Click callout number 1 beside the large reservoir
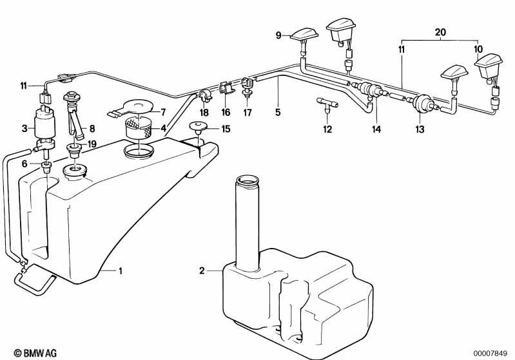[x=120, y=271]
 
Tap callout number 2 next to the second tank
[x=202, y=271]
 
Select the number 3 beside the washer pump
[x=24, y=129]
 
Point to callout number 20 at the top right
[x=440, y=32]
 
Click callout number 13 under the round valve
[x=420, y=129]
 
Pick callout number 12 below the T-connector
[x=327, y=129]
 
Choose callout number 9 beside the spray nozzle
[x=279, y=36]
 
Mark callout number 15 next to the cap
[x=225, y=129]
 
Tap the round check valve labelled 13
[x=422, y=103]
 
